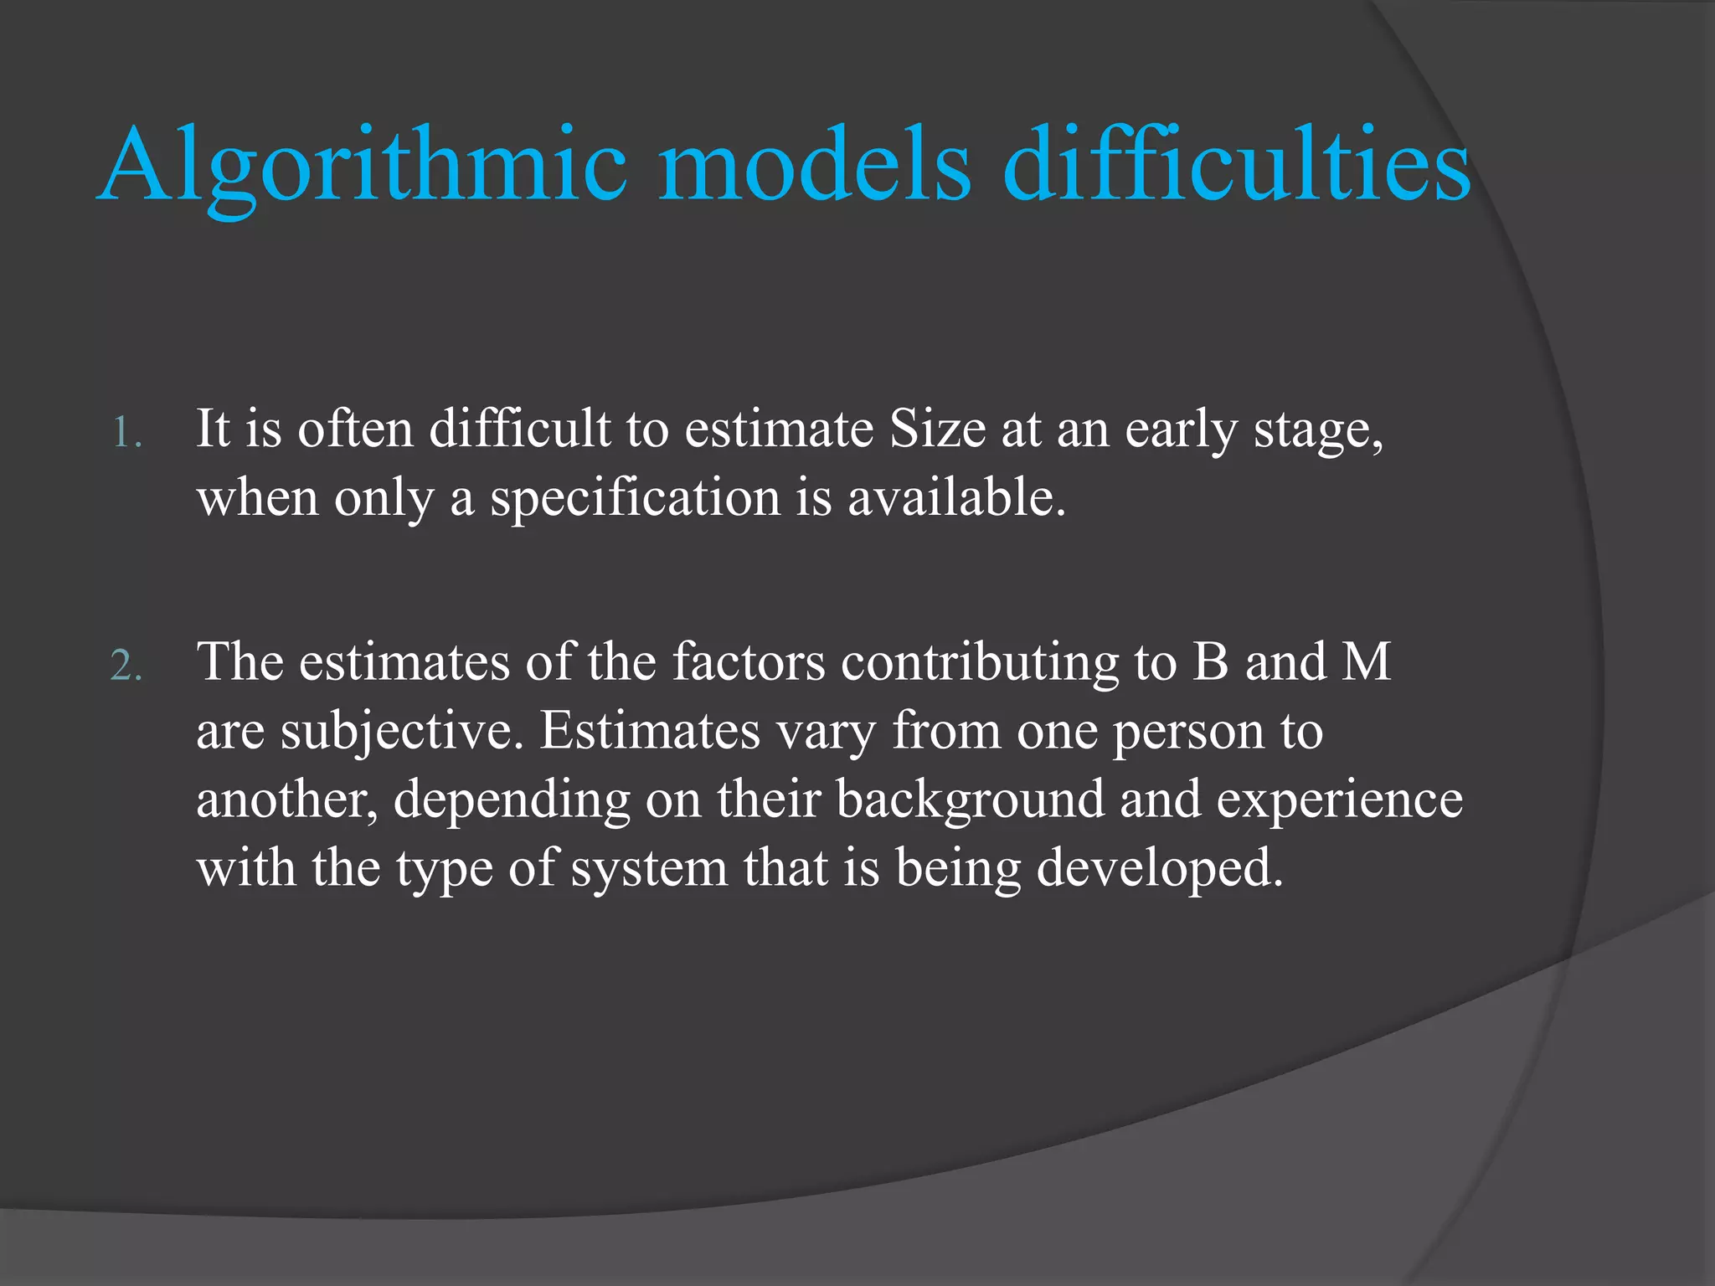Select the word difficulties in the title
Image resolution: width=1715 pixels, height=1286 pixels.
[x=1236, y=165]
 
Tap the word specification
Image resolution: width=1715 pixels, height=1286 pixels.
[x=636, y=498]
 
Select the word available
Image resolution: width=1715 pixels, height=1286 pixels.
[x=956, y=497]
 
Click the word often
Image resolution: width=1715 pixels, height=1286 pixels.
[x=356, y=430]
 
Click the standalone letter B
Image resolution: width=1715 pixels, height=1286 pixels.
[x=1211, y=661]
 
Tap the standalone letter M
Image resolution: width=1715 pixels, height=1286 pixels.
[x=1367, y=661]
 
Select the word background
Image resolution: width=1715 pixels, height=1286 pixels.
[x=971, y=800]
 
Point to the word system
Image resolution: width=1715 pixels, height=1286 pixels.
[x=650, y=869]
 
